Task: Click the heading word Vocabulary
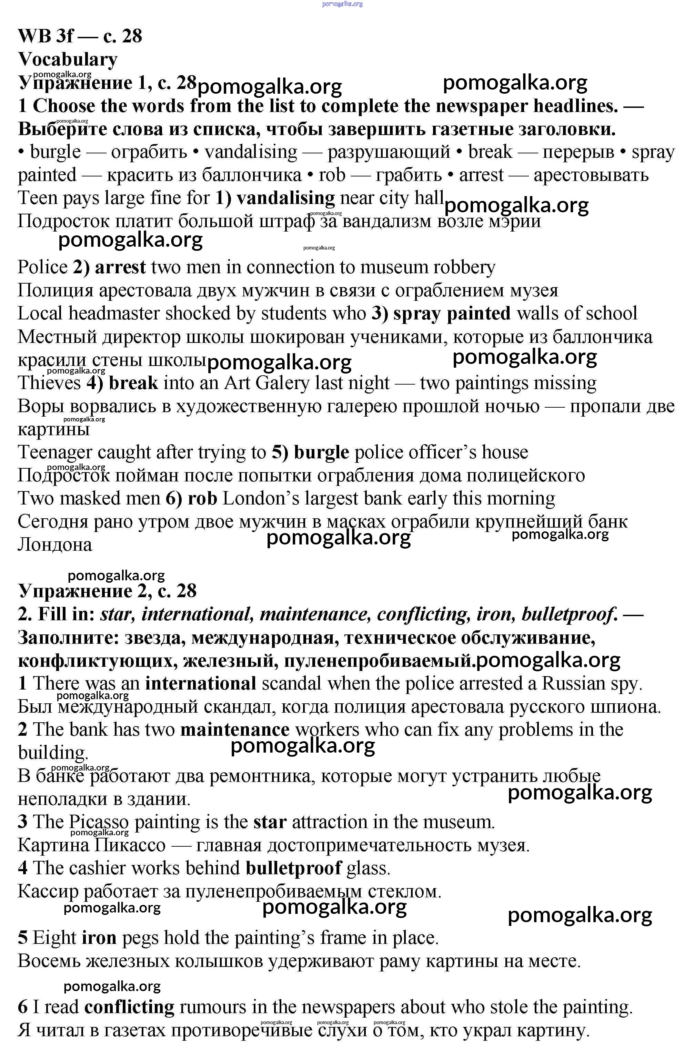click(68, 60)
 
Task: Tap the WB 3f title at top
click(80, 36)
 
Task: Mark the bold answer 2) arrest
click(109, 267)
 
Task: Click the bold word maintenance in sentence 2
click(234, 730)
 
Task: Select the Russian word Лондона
click(54, 545)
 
